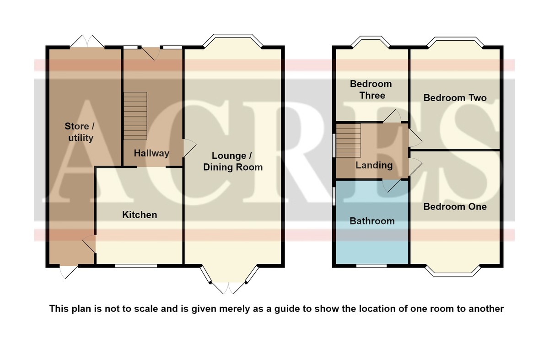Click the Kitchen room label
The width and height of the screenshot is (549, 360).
tap(140, 215)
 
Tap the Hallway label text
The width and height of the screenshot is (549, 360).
tap(151, 153)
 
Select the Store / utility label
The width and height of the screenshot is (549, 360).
tap(80, 132)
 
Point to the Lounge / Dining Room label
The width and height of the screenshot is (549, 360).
tap(232, 161)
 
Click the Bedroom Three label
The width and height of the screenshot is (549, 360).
tap(371, 90)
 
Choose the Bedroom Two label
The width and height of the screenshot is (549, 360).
tap(455, 98)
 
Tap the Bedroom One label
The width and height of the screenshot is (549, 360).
tap(455, 207)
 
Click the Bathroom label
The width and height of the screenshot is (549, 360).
tap(372, 221)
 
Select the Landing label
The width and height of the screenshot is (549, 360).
tap(374, 166)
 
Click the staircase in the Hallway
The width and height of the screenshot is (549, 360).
tap(135, 116)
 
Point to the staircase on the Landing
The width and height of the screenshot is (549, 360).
tap(348, 141)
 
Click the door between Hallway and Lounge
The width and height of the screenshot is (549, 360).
tap(190, 148)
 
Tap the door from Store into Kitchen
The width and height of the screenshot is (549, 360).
tap(89, 244)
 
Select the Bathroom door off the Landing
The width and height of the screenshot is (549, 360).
tap(392, 186)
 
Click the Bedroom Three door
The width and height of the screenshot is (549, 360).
tap(392, 116)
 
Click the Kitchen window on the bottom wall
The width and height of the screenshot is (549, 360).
tap(136, 266)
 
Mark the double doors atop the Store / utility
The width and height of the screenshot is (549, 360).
tap(87, 41)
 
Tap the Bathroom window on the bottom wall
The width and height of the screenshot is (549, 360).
tap(371, 266)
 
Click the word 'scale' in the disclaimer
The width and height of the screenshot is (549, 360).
tap(146, 308)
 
